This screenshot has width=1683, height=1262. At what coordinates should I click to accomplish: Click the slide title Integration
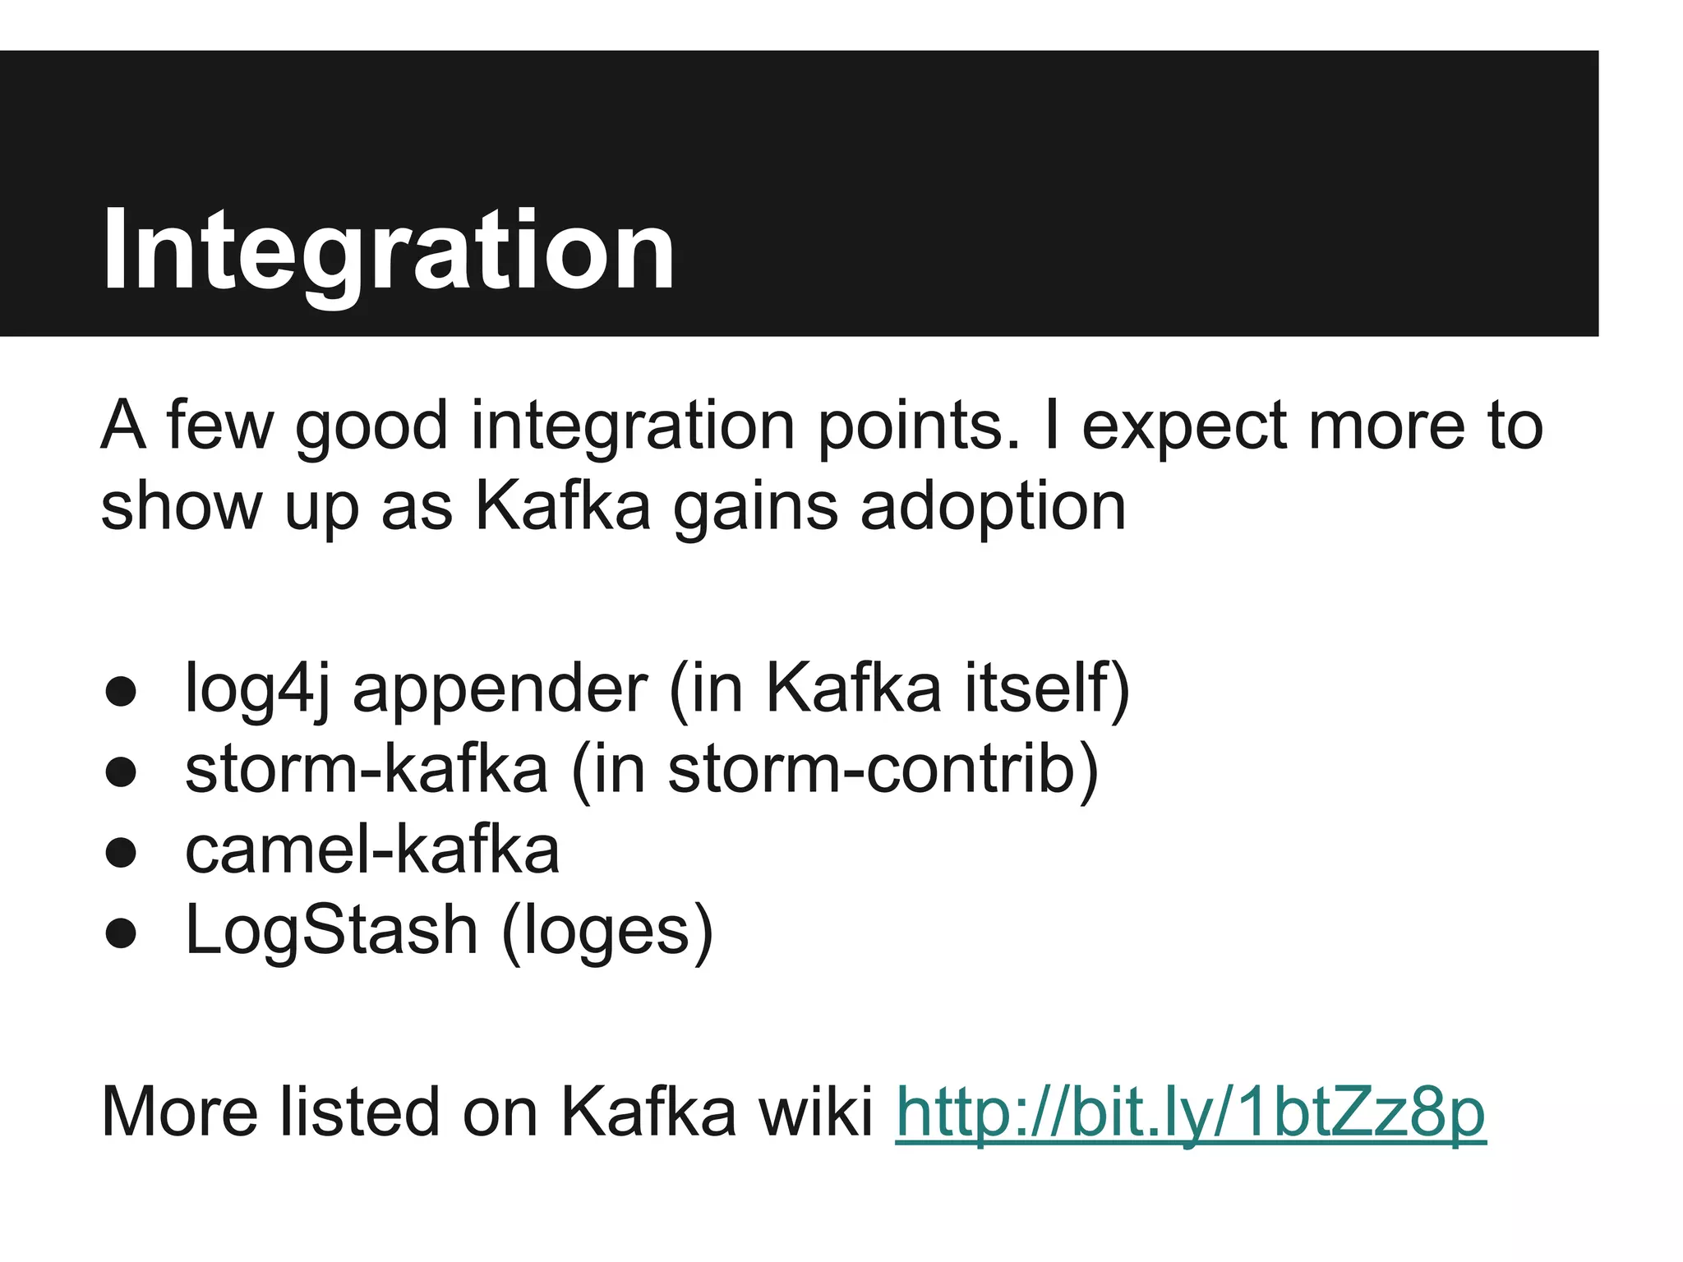388,251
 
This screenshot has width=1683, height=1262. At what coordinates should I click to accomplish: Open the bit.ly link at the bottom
1190,1112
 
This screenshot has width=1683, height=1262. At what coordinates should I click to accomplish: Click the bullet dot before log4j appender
121,691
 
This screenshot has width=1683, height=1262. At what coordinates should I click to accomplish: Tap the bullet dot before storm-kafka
121,771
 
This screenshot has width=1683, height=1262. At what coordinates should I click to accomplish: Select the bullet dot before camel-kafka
121,852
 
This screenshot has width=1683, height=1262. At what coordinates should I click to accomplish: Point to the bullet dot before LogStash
121,933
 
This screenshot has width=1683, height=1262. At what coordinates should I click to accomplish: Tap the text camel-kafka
372,850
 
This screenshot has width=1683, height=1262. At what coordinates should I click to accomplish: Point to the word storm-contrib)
883,771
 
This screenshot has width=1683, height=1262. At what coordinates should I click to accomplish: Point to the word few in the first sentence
219,426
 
